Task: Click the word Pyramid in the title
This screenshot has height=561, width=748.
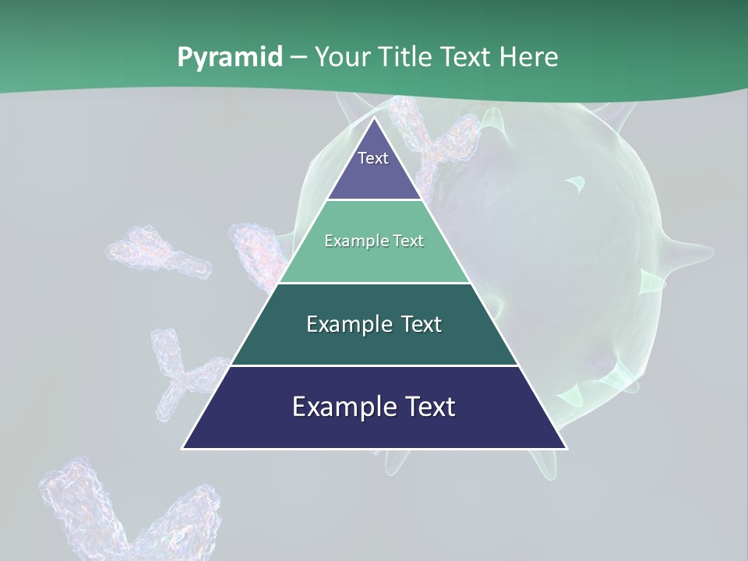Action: (229, 58)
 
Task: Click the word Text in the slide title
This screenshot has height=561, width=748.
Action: (466, 58)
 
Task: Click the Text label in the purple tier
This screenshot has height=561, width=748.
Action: (373, 158)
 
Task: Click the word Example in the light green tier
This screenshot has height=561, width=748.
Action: (350, 241)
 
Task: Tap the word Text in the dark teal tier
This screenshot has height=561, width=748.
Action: (417, 324)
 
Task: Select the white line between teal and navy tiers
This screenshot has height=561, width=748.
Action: (375, 365)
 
